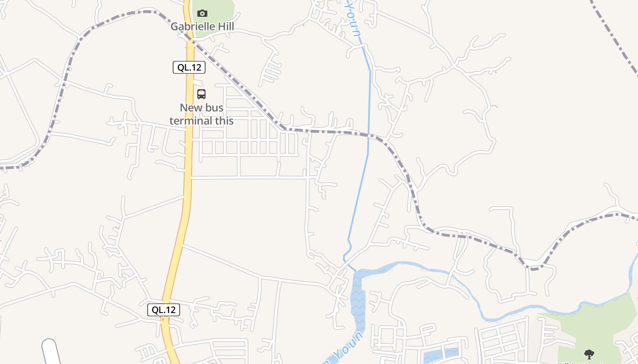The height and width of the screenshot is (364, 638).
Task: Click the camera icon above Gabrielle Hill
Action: click(202, 14)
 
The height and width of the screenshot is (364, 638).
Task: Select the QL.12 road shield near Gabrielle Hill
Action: click(189, 67)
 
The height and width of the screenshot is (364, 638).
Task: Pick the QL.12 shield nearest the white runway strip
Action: click(164, 310)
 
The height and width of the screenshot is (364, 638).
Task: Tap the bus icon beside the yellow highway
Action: click(201, 94)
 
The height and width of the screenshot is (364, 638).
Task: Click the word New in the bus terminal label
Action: click(190, 108)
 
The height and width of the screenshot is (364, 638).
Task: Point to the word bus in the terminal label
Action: click(214, 108)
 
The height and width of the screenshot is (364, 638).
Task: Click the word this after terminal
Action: click(224, 121)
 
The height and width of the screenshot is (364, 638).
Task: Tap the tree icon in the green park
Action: click(589, 354)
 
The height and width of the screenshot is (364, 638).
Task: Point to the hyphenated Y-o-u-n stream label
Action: click(352, 18)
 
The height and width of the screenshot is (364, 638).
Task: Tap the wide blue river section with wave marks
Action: click(358, 300)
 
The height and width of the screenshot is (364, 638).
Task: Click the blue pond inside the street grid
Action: click(440, 354)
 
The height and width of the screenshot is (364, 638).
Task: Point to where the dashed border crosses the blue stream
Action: click(369, 135)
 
